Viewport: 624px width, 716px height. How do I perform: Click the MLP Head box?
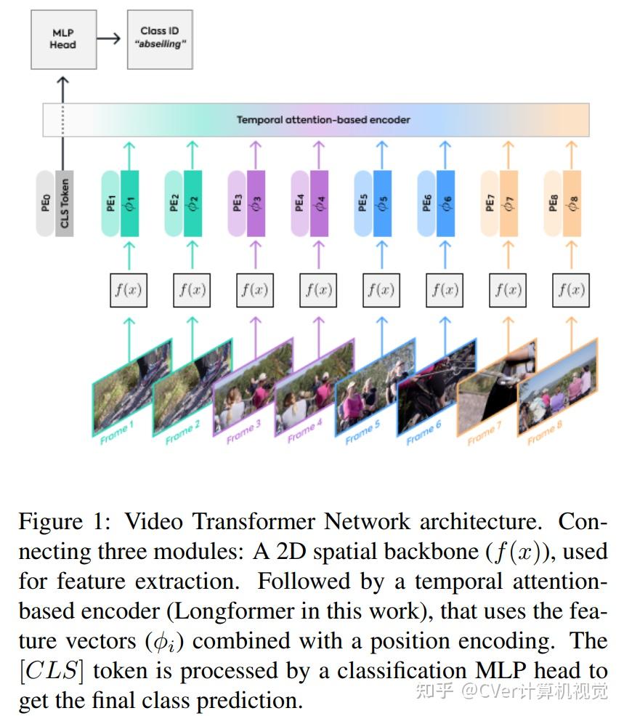point(63,39)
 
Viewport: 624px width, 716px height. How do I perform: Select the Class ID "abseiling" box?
point(160,39)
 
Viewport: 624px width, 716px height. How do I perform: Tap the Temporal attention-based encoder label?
point(323,120)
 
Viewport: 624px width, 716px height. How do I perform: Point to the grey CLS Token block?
point(65,203)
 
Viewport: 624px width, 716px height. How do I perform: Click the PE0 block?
point(46,203)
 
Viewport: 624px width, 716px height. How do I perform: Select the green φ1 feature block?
point(129,203)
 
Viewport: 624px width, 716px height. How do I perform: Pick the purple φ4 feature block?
point(319,203)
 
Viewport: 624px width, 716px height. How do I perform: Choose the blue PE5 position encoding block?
point(363,203)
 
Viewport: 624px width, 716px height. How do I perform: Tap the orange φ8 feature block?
point(572,203)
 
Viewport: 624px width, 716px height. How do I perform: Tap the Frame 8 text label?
point(545,434)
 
